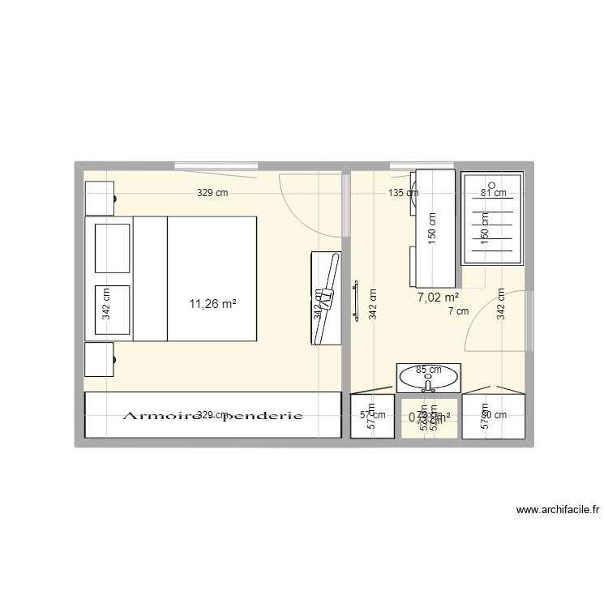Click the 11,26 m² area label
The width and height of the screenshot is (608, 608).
(212, 305)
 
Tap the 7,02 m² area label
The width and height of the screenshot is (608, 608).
(439, 298)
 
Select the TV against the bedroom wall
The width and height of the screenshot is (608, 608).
(327, 298)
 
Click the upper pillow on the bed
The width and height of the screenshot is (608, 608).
(113, 248)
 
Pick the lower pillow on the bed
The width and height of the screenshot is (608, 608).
(113, 310)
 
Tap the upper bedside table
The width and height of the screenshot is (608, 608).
(100, 198)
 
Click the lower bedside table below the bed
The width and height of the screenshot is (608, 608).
(100, 359)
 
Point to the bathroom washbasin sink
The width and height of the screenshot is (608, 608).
(428, 375)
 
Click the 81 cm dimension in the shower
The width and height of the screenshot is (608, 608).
(493, 193)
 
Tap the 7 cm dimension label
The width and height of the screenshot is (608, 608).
(457, 310)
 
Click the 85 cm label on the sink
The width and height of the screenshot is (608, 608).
(427, 370)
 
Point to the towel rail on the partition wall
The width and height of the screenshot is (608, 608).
(354, 300)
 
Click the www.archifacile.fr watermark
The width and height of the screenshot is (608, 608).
(557, 510)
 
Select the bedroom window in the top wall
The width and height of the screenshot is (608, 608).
(215, 168)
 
